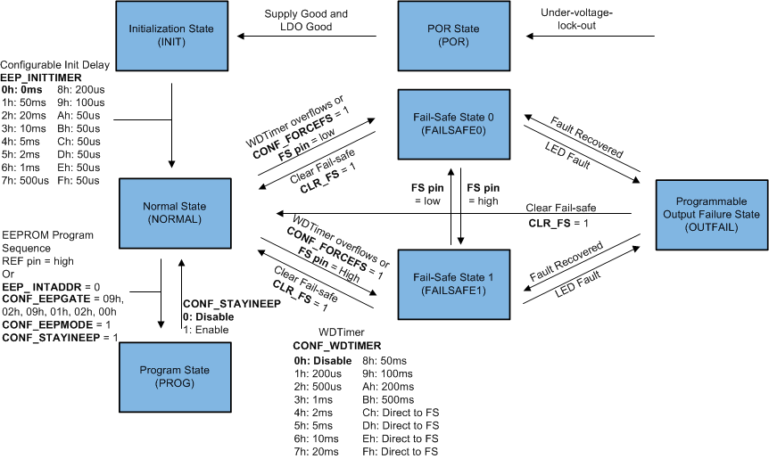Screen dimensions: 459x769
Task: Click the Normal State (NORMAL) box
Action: pyautogui.click(x=171, y=211)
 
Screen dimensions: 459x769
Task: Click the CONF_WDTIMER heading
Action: pyautogui.click(x=336, y=346)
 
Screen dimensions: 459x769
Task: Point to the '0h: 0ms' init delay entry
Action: pyautogui.click(x=21, y=90)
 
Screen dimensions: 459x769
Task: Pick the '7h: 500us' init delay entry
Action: pyautogui.click(x=28, y=181)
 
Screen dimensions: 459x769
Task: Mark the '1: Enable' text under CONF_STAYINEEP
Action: pyautogui.click(x=206, y=329)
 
